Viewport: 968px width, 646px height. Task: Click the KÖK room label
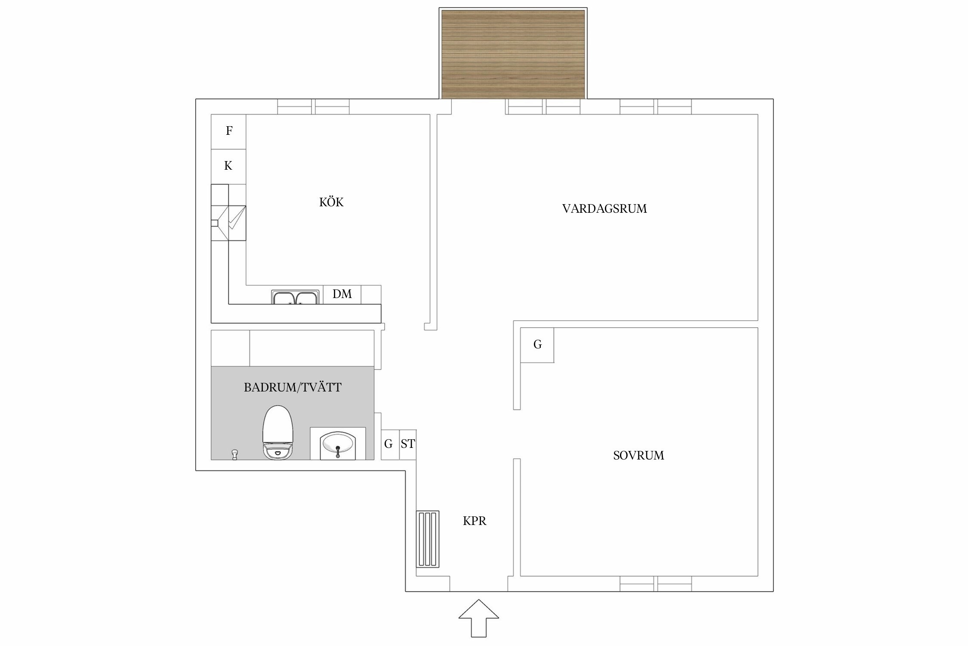[331, 202]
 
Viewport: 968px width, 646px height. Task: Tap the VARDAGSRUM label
[604, 209]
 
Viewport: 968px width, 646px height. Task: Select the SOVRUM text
[638, 456]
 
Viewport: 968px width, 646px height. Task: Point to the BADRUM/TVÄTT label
[293, 388]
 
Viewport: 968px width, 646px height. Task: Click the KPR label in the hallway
[475, 521]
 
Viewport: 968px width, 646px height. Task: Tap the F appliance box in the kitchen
[229, 131]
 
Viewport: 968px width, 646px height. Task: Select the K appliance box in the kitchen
[228, 166]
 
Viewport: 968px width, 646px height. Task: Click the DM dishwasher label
[342, 294]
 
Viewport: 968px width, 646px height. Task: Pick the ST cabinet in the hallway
[408, 444]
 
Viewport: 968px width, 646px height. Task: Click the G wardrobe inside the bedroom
[537, 345]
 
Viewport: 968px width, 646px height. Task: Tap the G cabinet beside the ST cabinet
[389, 444]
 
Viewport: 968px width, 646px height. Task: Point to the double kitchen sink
[295, 298]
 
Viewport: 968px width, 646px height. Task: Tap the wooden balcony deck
[513, 54]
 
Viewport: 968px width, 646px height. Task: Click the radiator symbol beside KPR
[428, 539]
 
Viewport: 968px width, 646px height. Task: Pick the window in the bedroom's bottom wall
[656, 584]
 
